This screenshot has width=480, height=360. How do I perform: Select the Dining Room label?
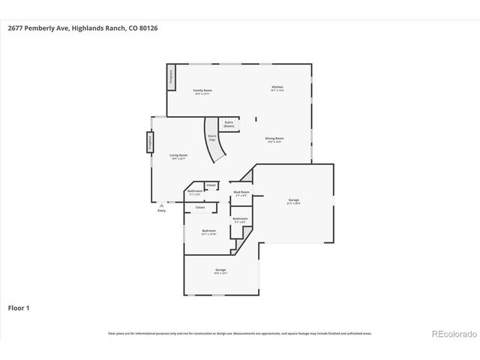click(x=274, y=139)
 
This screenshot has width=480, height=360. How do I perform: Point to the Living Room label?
click(x=179, y=156)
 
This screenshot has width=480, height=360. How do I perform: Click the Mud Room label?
click(x=241, y=193)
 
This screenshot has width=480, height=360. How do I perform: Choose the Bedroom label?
click(x=208, y=231)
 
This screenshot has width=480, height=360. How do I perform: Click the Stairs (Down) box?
click(x=229, y=124)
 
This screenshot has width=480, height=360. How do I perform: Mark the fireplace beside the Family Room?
click(x=171, y=77)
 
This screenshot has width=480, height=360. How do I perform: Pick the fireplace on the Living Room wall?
click(x=149, y=143)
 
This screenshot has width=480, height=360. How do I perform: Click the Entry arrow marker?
click(x=161, y=204)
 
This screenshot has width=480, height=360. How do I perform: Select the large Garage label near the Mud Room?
click(x=294, y=200)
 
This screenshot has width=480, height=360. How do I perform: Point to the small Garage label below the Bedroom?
click(x=220, y=271)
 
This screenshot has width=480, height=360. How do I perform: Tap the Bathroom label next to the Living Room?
click(x=195, y=192)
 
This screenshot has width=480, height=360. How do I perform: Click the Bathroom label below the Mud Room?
click(x=240, y=219)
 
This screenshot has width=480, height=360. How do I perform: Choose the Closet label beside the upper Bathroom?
click(x=211, y=184)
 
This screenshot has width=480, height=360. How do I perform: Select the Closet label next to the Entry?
click(x=200, y=207)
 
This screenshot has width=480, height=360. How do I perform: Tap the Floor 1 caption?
click(x=19, y=307)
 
